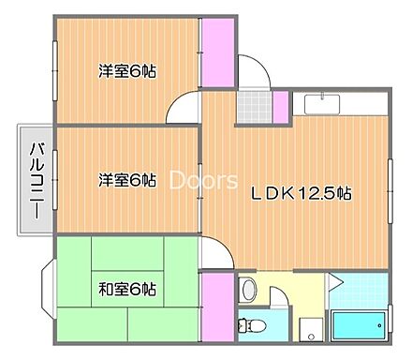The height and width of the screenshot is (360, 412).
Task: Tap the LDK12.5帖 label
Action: click(300, 195)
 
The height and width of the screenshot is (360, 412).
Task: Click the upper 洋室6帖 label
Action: click(126, 70)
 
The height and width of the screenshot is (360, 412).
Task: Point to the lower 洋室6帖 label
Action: click(126, 180)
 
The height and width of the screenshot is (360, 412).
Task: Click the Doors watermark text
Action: click(202, 180)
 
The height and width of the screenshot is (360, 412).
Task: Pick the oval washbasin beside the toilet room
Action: click(248, 292)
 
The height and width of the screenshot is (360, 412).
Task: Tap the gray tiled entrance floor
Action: click(251, 107)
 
